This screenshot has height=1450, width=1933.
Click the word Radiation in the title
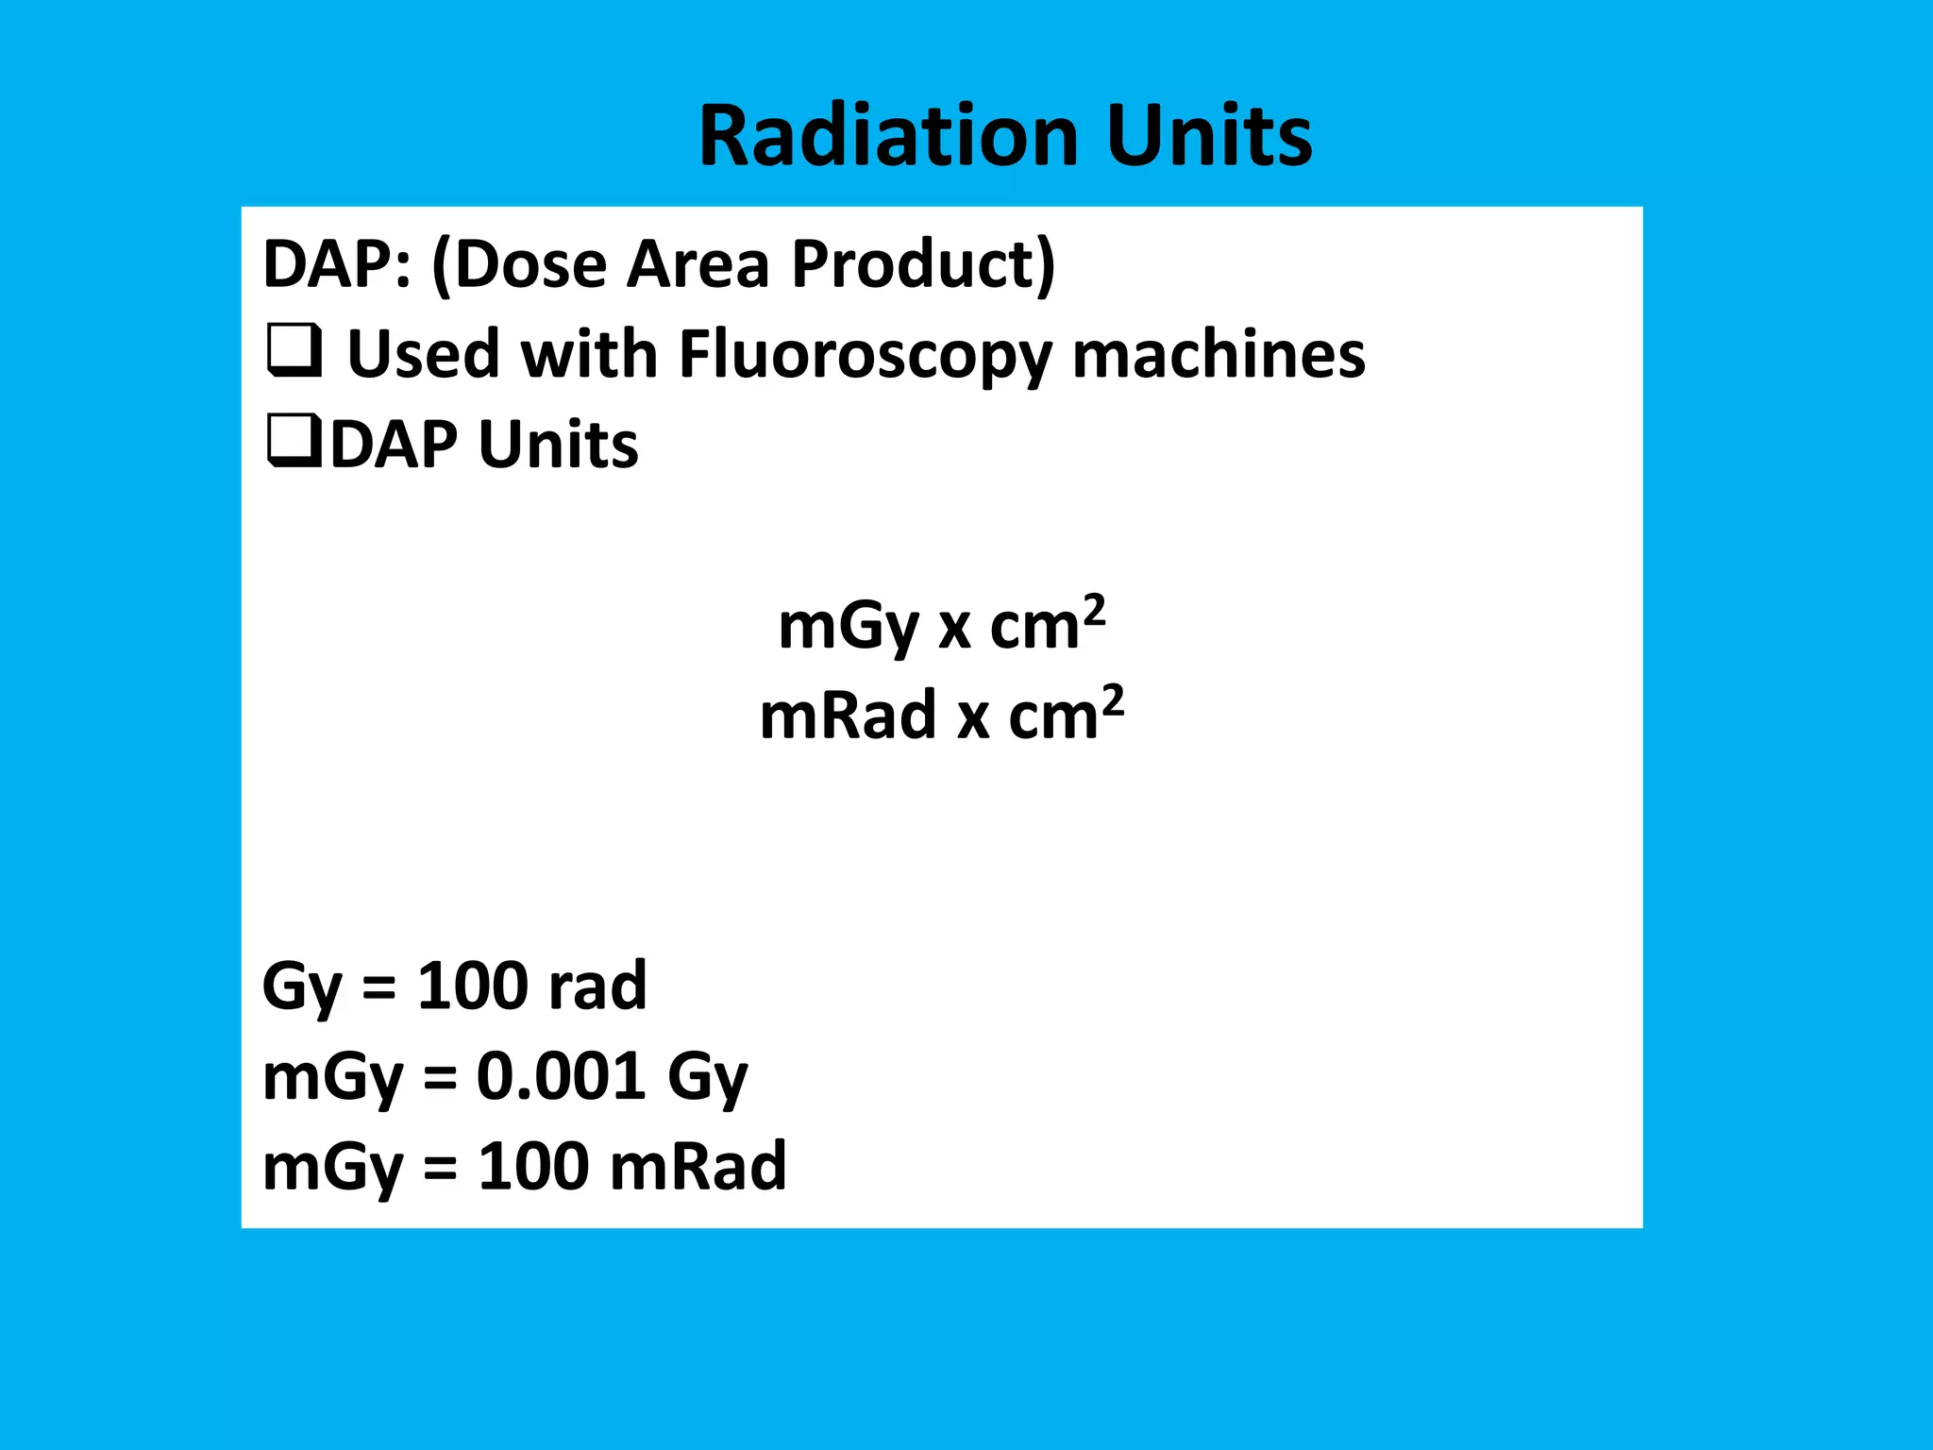click(888, 136)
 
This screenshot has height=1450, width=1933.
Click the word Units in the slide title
click(1209, 136)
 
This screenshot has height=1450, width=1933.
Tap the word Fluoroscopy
click(864, 356)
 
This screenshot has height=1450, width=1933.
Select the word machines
click(1219, 356)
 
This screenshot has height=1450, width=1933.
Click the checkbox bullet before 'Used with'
click(294, 350)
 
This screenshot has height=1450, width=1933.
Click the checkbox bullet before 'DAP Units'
click(294, 441)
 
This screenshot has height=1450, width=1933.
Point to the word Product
click(923, 264)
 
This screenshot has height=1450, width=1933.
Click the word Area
click(698, 264)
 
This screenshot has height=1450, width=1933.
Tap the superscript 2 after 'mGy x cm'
click(1094, 610)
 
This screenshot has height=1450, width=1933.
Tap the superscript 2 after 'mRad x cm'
click(1113, 700)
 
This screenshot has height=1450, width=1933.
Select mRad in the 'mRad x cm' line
click(848, 716)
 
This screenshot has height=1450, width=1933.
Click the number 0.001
click(561, 1076)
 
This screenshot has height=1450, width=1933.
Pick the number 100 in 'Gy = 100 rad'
click(472, 986)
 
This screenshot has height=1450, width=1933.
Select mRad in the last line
click(698, 1167)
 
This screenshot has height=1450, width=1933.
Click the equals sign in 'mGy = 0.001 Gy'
click(440, 1078)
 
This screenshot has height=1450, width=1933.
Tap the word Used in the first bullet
click(423, 356)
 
